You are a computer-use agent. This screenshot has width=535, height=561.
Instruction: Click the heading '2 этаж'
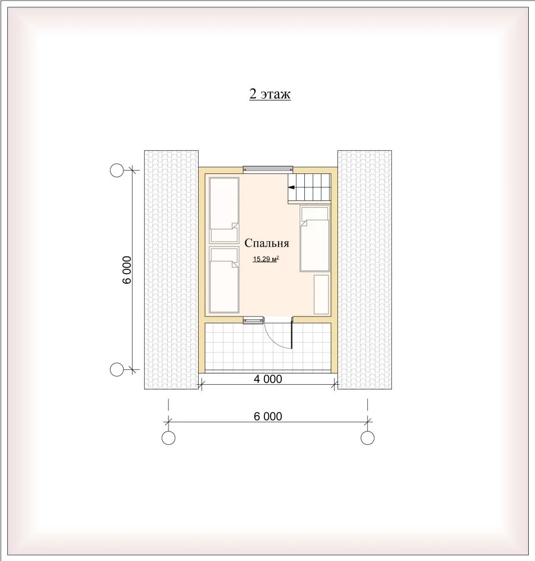[270, 94]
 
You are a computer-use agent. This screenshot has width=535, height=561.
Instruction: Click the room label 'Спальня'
[267, 243]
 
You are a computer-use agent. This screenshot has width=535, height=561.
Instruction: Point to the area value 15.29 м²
[266, 259]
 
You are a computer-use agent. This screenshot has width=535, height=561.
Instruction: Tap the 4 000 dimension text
[268, 379]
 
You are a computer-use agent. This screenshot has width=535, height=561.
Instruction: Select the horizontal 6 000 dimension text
[268, 416]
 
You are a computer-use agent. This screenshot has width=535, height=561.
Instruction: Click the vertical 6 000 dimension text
[127, 270]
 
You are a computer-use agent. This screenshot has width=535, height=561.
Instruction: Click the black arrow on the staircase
[291, 187]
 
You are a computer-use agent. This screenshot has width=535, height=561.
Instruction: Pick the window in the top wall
[268, 169]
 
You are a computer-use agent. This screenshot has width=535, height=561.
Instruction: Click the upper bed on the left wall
[224, 210]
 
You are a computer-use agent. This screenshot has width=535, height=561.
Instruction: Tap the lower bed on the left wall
[224, 280]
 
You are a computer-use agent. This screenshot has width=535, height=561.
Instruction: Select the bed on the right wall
[315, 238]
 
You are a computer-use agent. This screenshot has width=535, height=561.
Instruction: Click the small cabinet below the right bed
[321, 295]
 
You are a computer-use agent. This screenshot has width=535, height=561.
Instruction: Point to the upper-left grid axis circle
[116, 171]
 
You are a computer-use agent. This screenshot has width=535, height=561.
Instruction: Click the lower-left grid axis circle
[116, 370]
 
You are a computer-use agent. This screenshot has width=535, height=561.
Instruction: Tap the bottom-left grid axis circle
[168, 438]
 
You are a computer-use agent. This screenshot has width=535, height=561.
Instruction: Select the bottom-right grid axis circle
[367, 438]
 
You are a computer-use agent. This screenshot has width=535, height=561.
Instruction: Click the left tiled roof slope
[172, 270]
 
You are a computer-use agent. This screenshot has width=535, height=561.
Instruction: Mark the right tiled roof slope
[364, 270]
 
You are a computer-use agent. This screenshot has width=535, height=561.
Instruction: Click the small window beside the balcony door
[254, 320]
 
